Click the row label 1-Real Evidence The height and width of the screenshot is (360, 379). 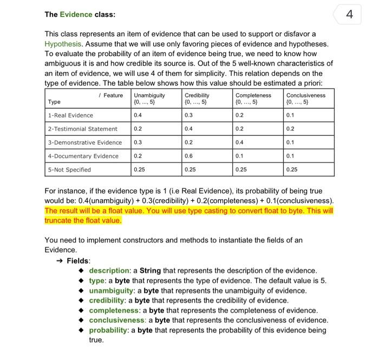click(71, 115)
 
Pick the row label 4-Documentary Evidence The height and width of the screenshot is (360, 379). click(83, 156)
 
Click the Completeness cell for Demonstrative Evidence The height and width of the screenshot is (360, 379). click(239, 142)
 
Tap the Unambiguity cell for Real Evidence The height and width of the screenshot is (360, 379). click(138, 115)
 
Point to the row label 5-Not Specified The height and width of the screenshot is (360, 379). click(69, 169)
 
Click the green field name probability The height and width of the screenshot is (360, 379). click(111, 330)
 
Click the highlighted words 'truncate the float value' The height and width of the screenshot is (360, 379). click(83, 220)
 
